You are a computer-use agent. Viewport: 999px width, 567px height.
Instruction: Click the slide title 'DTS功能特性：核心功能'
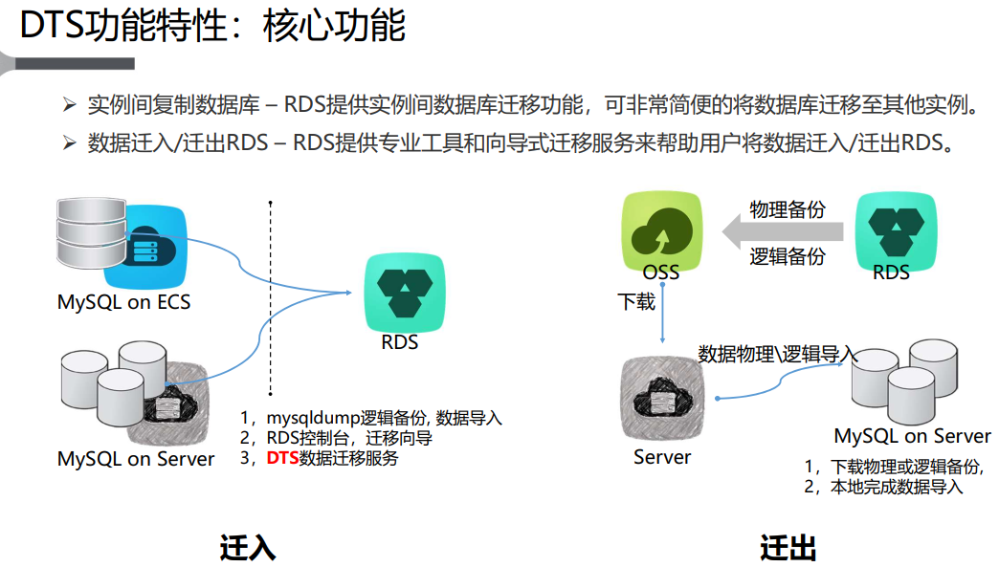pyautogui.click(x=212, y=26)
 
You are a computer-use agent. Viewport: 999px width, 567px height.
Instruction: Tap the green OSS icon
pyautogui.click(x=661, y=229)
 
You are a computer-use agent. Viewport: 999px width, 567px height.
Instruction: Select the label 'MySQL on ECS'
pyautogui.click(x=123, y=302)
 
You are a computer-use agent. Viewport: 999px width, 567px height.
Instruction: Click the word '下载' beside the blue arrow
pyautogui.click(x=636, y=302)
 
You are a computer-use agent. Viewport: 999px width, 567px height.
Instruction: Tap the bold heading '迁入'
pyautogui.click(x=248, y=548)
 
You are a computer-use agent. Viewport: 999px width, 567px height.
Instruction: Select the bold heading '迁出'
pyautogui.click(x=788, y=548)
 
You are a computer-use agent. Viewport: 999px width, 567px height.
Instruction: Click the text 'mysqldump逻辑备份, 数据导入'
pyautogui.click(x=383, y=418)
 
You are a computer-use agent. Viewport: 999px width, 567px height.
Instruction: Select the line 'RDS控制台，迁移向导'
pyautogui.click(x=348, y=438)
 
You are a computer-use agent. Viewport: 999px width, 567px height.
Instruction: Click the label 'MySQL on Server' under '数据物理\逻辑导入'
pyautogui.click(x=912, y=436)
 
